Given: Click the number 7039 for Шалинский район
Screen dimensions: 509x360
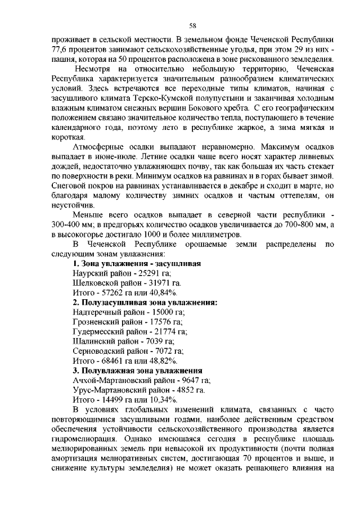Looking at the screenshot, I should pos(145,341).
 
